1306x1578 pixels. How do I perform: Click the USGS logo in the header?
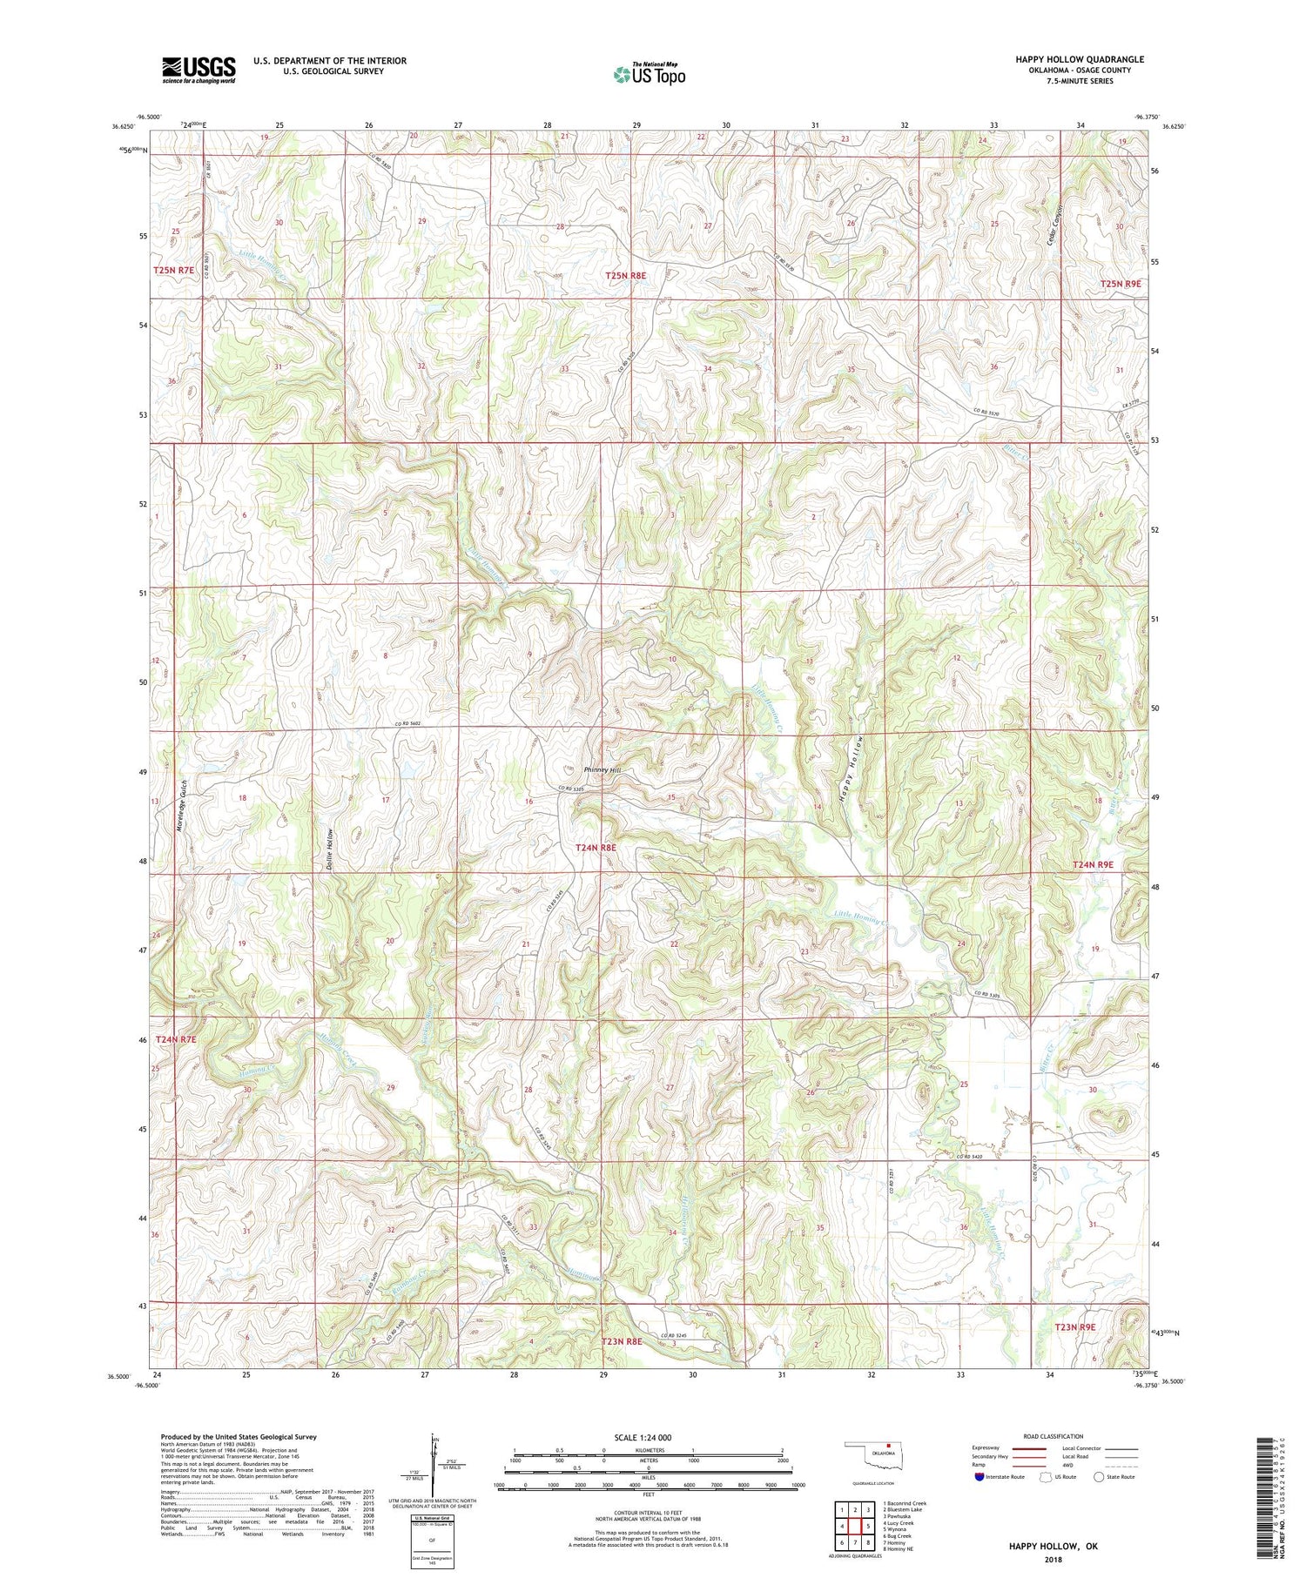click(199, 70)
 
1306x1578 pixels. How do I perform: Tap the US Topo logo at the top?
click(650, 75)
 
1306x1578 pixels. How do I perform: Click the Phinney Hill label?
click(603, 770)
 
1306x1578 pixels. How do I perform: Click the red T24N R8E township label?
click(596, 847)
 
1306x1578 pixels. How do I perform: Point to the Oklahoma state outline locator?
click(876, 1454)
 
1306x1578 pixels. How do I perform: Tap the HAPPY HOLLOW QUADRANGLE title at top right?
click(1080, 59)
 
